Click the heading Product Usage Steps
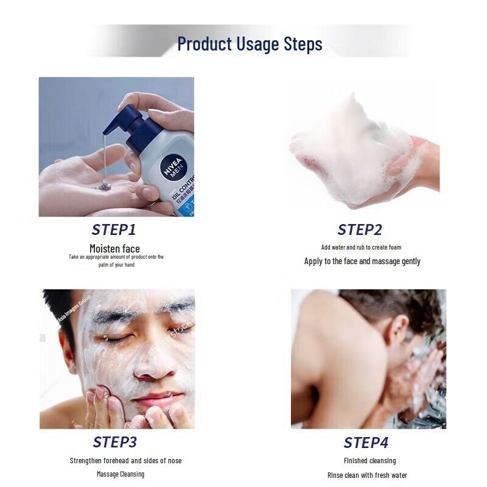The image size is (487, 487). tap(250, 44)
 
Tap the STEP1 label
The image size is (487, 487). tap(114, 229)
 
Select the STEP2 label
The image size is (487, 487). tap(360, 229)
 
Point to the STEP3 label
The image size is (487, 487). tap(114, 442)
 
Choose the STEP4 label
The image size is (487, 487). tap(366, 443)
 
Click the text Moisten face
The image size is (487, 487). tap(114, 248)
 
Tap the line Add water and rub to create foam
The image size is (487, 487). tap(361, 247)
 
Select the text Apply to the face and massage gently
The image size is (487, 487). tap(362, 261)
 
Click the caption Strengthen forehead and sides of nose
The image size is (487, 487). tap(125, 461)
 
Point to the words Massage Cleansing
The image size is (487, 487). tap(121, 474)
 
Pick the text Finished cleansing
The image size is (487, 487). tap(370, 461)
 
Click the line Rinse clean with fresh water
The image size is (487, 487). tap(366, 475)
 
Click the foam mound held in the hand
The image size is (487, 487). tap(353, 152)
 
